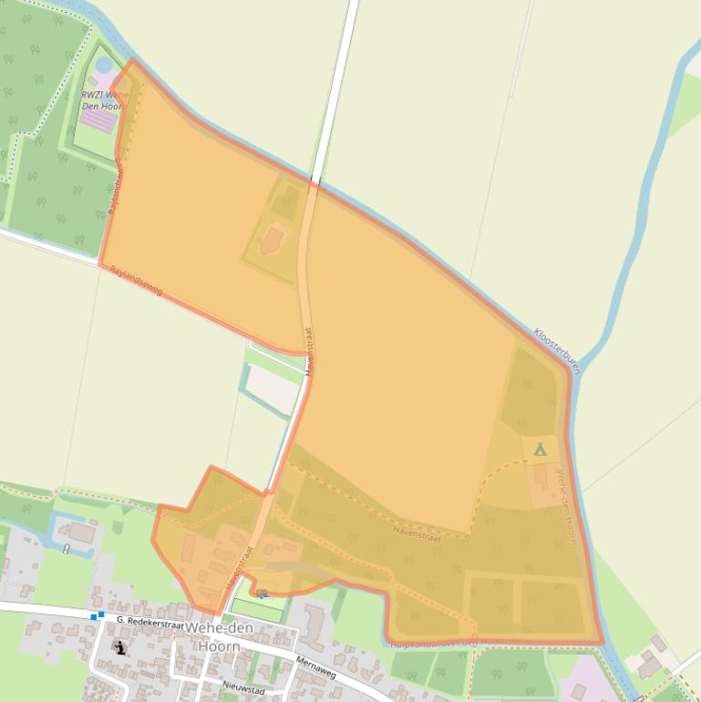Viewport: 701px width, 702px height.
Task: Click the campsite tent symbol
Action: (540, 449)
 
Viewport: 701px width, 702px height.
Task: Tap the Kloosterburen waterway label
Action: (556, 351)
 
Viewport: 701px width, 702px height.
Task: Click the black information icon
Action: (120, 648)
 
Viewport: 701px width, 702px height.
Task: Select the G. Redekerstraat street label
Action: (150, 621)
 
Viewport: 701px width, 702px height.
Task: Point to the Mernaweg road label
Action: (316, 666)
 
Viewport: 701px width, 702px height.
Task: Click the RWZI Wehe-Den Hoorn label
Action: (102, 99)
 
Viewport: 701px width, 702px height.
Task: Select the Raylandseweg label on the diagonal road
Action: (136, 280)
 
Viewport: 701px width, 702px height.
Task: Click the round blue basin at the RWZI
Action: (104, 65)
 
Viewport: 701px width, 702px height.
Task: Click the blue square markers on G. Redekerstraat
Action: (97, 615)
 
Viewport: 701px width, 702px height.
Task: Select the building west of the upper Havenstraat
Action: (272, 240)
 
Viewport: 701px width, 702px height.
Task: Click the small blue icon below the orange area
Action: (263, 594)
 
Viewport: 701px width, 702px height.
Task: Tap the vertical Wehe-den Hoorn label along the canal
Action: (566, 506)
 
